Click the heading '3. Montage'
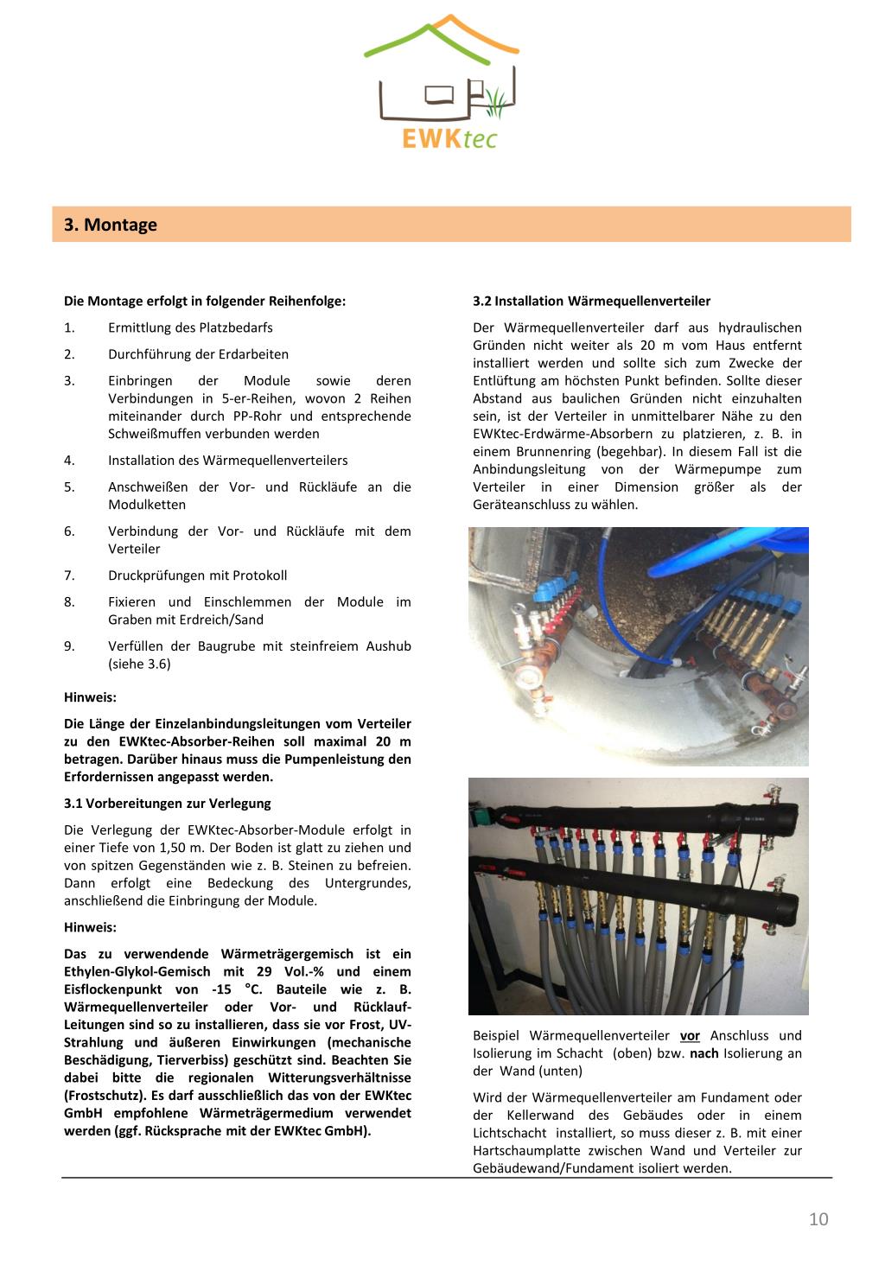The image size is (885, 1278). (x=111, y=226)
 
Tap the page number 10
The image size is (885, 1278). (x=818, y=1219)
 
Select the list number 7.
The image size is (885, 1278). (x=69, y=575)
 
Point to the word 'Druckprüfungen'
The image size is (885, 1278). (x=151, y=575)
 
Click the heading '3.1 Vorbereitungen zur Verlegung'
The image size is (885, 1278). (x=168, y=804)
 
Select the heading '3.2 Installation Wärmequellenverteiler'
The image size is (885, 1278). (x=591, y=302)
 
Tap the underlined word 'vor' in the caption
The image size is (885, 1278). (x=690, y=1036)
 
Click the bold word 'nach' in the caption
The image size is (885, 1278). (x=704, y=1053)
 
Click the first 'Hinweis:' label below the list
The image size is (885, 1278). (x=90, y=697)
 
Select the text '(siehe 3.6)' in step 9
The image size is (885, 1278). (x=139, y=664)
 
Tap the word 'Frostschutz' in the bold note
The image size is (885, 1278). (x=101, y=1096)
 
